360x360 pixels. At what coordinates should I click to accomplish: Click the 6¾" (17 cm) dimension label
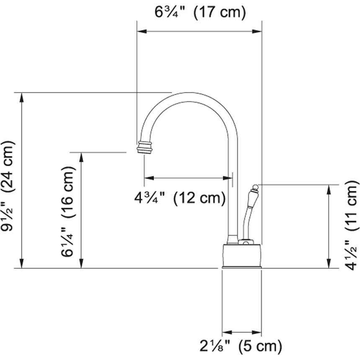[x=200, y=12]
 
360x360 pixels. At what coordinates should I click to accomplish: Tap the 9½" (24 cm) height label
[x=8, y=185]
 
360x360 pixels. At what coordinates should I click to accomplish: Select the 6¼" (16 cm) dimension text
[x=68, y=211]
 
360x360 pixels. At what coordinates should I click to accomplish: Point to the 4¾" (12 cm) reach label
[x=180, y=198]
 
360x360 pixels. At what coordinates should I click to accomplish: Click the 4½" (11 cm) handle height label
[x=351, y=225]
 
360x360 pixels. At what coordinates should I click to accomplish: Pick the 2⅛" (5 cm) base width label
[x=241, y=346]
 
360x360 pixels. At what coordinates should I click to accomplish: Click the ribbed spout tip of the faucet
[x=144, y=147]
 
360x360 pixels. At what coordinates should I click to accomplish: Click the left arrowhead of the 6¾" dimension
[x=141, y=31]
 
